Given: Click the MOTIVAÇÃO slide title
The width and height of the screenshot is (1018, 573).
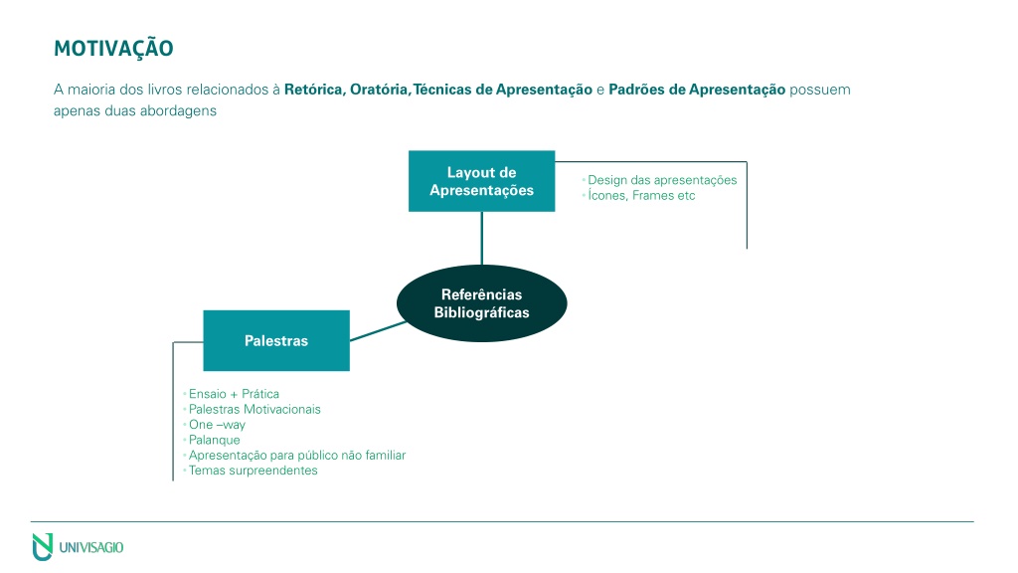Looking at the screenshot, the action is click(113, 48).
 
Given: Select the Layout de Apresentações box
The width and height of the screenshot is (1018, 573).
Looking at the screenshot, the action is click(482, 181).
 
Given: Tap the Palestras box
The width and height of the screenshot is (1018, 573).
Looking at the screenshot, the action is click(276, 340).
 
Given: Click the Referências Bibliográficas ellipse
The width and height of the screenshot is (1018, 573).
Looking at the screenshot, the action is click(482, 303).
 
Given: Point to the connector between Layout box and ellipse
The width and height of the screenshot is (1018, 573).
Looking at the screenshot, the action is click(482, 239).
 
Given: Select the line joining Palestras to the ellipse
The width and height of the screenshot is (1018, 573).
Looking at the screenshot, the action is click(379, 331).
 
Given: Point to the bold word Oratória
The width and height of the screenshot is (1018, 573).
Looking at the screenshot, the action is click(379, 90).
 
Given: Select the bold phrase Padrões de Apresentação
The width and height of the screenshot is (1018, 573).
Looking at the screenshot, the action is click(697, 90).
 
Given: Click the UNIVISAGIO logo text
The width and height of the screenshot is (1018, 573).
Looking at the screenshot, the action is click(90, 548).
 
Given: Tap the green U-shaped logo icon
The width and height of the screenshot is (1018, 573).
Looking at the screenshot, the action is click(43, 547).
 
